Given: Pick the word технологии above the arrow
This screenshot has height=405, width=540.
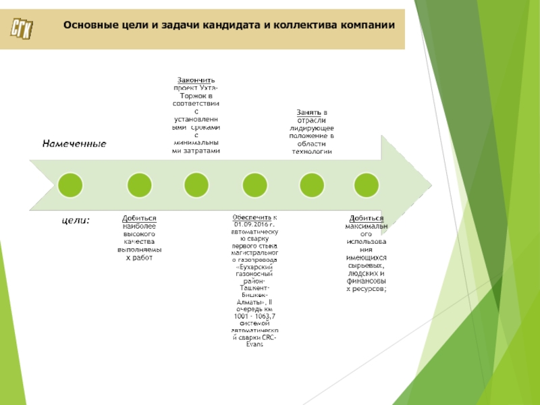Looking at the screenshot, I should (x=311, y=152).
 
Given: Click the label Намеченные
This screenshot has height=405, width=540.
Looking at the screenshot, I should (x=75, y=144).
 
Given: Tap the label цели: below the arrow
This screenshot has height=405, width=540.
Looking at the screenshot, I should (x=76, y=219).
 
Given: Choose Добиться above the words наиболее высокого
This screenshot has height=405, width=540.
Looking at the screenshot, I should (x=140, y=218).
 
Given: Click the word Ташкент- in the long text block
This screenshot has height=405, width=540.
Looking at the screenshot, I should (x=254, y=288).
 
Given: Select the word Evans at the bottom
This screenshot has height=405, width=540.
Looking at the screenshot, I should (x=254, y=345).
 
